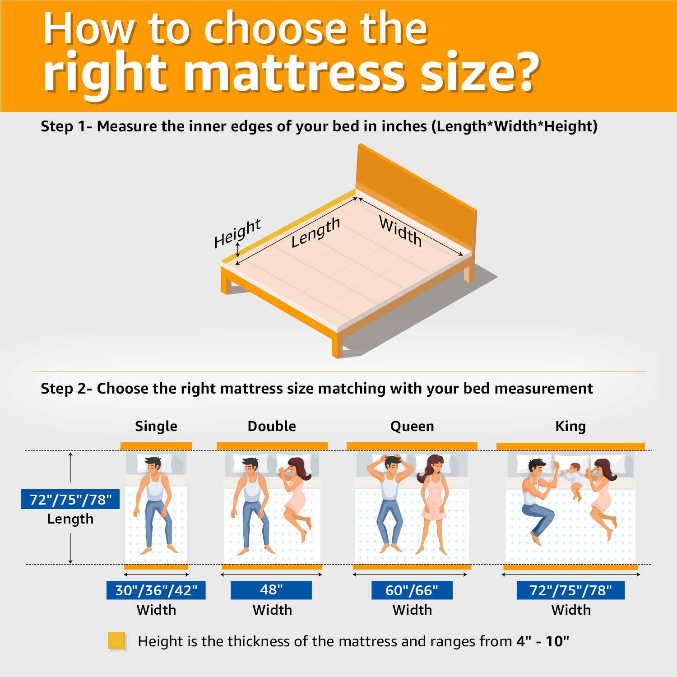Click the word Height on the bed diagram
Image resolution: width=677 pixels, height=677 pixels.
tap(237, 232)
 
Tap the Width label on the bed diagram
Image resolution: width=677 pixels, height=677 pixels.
tap(401, 231)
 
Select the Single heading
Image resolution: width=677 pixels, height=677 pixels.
tap(156, 426)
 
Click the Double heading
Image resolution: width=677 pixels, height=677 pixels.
tap(272, 426)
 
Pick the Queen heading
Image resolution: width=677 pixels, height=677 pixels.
tap(412, 426)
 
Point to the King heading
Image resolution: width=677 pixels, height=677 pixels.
tap(570, 426)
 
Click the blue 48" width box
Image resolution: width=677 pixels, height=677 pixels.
tap(271, 590)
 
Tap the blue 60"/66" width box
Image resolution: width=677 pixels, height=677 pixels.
tap(412, 590)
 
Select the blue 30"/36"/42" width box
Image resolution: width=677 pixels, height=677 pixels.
tap(156, 590)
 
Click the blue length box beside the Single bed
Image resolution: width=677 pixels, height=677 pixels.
tap(70, 499)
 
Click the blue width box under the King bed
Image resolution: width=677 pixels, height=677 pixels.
tap(570, 590)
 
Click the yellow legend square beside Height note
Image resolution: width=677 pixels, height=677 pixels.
tap(116, 641)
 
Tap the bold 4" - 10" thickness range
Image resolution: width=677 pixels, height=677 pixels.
tap(543, 641)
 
